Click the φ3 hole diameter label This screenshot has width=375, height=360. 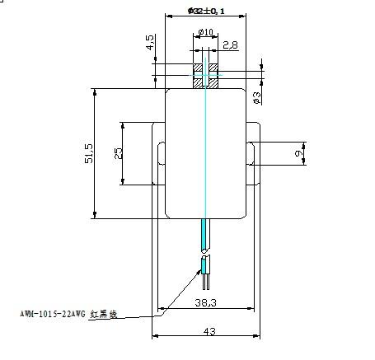(x=257, y=98)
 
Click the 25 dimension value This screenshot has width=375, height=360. (x=119, y=154)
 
